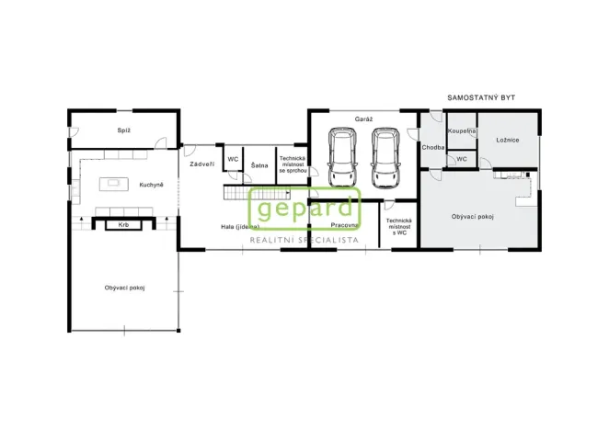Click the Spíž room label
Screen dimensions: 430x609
coord(123,130)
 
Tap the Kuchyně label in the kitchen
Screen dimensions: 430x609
coord(152,185)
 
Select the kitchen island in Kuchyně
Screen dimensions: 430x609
coord(114,182)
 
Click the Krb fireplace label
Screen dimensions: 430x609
coord(122,224)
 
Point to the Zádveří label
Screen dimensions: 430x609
coord(201,164)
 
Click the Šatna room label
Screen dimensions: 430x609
coord(259,165)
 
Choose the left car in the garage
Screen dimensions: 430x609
coord(341,157)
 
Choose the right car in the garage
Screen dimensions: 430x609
coord(385,157)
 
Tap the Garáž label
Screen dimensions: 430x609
coord(362,119)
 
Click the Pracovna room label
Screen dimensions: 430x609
coord(345,225)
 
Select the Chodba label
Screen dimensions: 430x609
coord(433,147)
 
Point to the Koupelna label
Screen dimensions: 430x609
coord(462,131)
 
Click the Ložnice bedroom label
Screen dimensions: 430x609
coord(508,140)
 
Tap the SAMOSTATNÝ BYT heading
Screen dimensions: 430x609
coord(481,96)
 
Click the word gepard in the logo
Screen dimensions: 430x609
coord(303,209)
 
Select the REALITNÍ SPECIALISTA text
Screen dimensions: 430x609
coord(304,239)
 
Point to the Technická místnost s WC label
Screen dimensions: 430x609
coord(398,226)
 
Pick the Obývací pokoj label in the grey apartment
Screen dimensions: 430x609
coord(473,217)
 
